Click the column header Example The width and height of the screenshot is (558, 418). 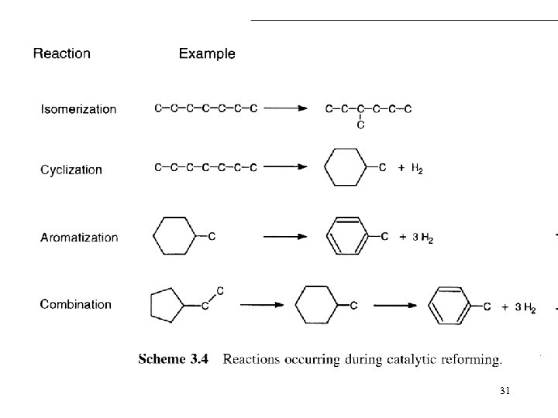(207, 54)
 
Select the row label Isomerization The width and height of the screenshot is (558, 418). (78, 110)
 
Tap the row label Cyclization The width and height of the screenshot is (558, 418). (71, 170)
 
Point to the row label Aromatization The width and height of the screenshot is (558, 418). (79, 238)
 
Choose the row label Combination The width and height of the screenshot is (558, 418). (76, 304)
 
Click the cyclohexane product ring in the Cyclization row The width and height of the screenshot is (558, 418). (344, 167)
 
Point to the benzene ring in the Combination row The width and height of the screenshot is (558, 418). (449, 306)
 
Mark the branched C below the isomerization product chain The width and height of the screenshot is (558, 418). (361, 125)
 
